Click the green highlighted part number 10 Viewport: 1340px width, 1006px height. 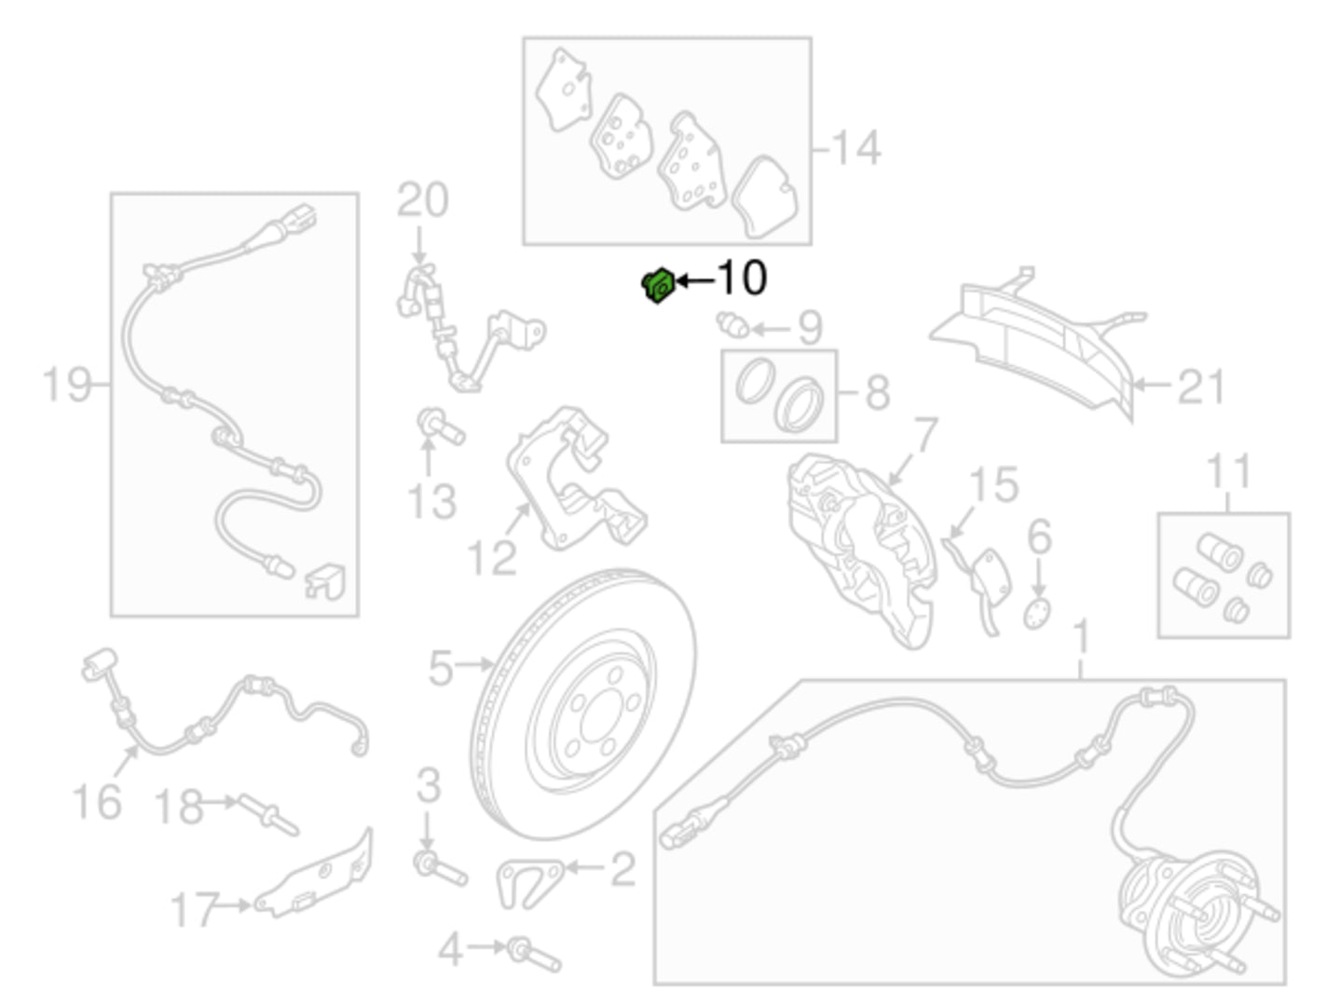(x=658, y=285)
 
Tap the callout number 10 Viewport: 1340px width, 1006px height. (x=742, y=279)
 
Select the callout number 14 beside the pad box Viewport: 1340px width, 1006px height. (x=855, y=148)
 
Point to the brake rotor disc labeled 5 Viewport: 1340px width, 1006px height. (x=584, y=704)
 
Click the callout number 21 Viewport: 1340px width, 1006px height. (x=1200, y=387)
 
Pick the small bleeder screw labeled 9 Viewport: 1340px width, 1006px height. (x=732, y=324)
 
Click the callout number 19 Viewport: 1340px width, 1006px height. (x=66, y=385)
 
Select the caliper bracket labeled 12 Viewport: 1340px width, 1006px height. (x=574, y=480)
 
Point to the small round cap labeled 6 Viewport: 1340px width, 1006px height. (x=1037, y=614)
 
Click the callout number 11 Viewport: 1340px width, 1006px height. (x=1229, y=470)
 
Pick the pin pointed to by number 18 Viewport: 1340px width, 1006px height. (x=268, y=814)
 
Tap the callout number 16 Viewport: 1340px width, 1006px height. (x=97, y=801)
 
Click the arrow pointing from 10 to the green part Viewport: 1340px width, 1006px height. (x=695, y=280)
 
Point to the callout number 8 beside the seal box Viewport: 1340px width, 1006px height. (x=878, y=392)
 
